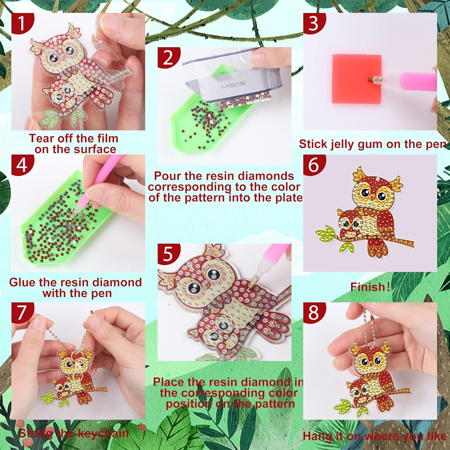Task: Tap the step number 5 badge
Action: click(x=168, y=254)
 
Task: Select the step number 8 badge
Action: click(x=313, y=312)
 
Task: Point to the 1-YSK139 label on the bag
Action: click(x=233, y=85)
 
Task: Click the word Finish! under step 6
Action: click(x=370, y=287)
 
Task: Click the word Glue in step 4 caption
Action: click(x=22, y=282)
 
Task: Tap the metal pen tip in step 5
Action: click(x=251, y=284)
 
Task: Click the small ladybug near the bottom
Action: click(x=142, y=427)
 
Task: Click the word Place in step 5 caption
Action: click(x=169, y=382)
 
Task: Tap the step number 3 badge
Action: click(x=313, y=23)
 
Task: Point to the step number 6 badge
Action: click(x=313, y=165)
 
